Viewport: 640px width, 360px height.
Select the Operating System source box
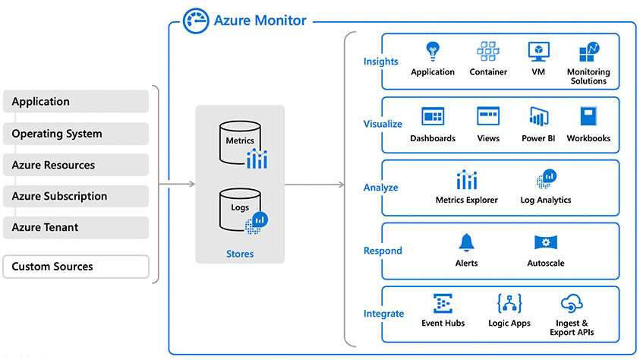76,134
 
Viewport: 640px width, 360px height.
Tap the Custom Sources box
76,267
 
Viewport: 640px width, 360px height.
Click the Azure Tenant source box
76,227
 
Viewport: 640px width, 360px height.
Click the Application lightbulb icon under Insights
433,52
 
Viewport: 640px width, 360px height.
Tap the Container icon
488,52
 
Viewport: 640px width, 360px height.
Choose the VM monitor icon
539,52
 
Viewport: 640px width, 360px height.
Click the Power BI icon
539,117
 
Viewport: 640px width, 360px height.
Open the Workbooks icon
589,116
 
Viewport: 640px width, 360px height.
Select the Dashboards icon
433,116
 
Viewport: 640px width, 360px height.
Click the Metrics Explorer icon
467,180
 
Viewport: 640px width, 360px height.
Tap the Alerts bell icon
466,243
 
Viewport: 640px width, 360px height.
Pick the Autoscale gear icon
546,243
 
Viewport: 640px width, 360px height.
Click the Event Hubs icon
443,305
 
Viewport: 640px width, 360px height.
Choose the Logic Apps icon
509,305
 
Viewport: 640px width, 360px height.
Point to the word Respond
383,251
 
